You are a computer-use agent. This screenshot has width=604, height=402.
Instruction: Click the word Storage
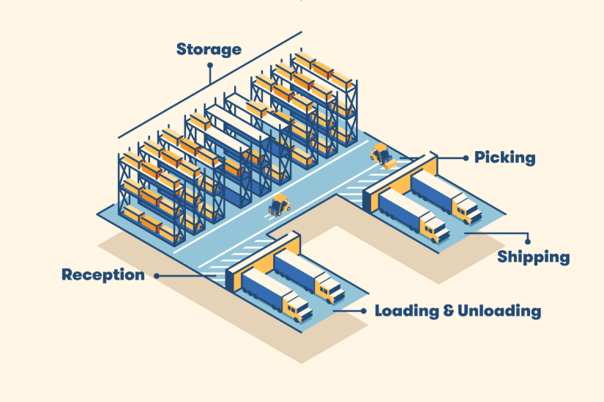tap(209, 50)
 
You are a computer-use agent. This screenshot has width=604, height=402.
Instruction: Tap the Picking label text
tap(504, 158)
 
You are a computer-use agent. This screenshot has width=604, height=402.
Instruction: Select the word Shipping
tap(533, 257)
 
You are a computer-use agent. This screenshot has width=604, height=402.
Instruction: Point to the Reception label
tap(103, 275)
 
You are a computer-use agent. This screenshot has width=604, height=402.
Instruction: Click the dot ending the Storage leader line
tap(210, 65)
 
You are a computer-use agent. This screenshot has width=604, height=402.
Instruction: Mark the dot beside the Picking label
tap(465, 157)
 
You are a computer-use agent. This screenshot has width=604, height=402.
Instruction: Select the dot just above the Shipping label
tap(527, 241)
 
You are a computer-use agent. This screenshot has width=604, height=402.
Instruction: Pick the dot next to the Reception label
tap(156, 276)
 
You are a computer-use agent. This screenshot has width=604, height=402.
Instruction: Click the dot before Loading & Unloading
tap(364, 311)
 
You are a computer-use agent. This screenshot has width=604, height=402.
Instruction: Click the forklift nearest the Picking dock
tap(381, 155)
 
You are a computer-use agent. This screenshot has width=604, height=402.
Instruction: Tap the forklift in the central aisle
tap(279, 205)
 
